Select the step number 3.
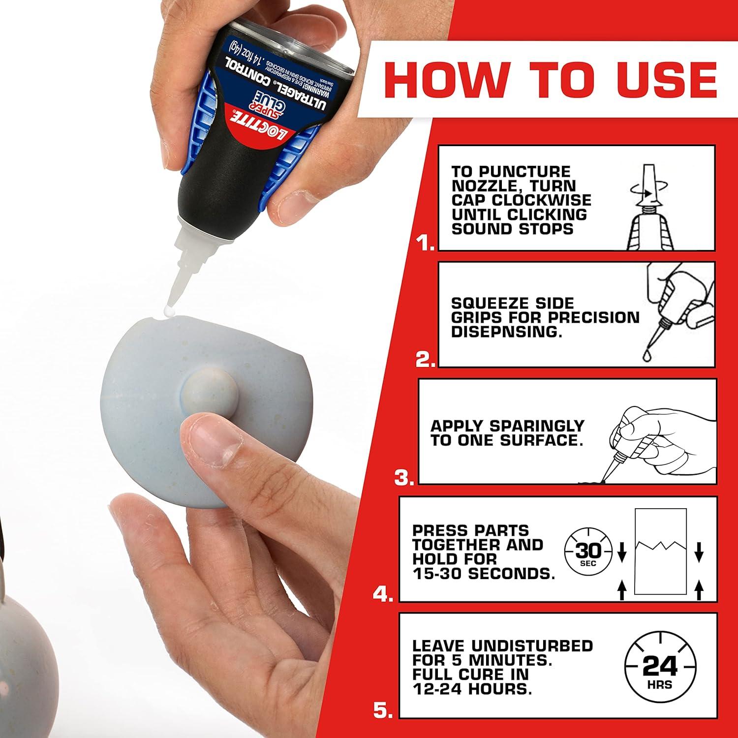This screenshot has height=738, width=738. (404, 478)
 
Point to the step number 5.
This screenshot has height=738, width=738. (383, 710)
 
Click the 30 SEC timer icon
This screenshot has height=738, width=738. (588, 551)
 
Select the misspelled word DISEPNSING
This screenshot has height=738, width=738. (506, 332)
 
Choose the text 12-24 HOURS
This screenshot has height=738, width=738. (472, 689)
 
